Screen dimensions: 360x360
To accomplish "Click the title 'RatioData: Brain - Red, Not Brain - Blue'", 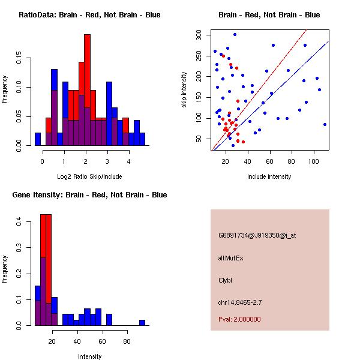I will (x=89, y=15).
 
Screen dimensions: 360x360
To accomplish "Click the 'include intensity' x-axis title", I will (x=269, y=176).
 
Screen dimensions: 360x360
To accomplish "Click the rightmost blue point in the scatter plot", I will (x=325, y=124).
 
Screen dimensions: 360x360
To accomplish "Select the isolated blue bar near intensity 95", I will (x=142, y=322).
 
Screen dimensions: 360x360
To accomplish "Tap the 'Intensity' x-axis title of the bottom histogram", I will (x=90, y=356).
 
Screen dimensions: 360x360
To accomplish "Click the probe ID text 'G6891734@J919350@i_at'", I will (x=257, y=235).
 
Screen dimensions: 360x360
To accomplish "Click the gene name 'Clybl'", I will (x=225, y=280).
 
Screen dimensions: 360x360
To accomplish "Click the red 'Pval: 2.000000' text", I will (x=239, y=319).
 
